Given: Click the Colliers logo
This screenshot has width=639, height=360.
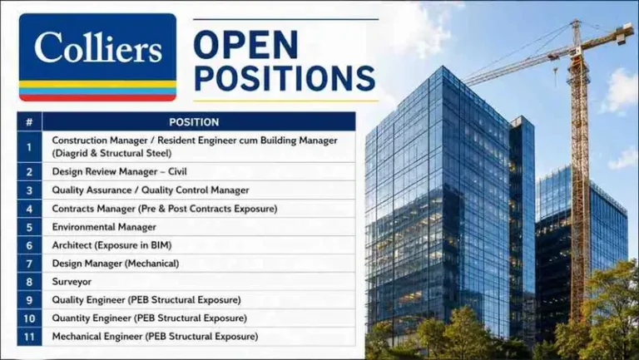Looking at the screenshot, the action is click(x=98, y=57).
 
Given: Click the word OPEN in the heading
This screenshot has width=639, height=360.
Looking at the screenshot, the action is click(x=246, y=44).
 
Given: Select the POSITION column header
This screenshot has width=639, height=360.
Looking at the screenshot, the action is click(x=194, y=121).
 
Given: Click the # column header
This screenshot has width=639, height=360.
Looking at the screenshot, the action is click(x=29, y=121).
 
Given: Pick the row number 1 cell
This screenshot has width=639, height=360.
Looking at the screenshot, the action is click(x=29, y=146).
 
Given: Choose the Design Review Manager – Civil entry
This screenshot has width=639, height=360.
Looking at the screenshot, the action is click(x=119, y=171).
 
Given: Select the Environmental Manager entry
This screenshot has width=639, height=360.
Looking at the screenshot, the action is click(x=104, y=227).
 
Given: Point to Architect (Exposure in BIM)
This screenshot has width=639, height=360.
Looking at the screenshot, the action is click(x=111, y=245).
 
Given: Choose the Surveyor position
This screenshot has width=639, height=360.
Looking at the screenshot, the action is click(x=72, y=282).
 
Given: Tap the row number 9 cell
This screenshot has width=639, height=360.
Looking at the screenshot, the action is click(x=29, y=300).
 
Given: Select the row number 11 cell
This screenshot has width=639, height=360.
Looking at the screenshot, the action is click(x=29, y=337).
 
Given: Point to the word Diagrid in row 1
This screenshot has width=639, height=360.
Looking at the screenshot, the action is click(x=70, y=153).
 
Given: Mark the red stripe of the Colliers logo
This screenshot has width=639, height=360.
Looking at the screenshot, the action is click(x=98, y=98).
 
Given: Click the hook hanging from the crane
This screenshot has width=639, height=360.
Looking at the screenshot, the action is click(x=556, y=77).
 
